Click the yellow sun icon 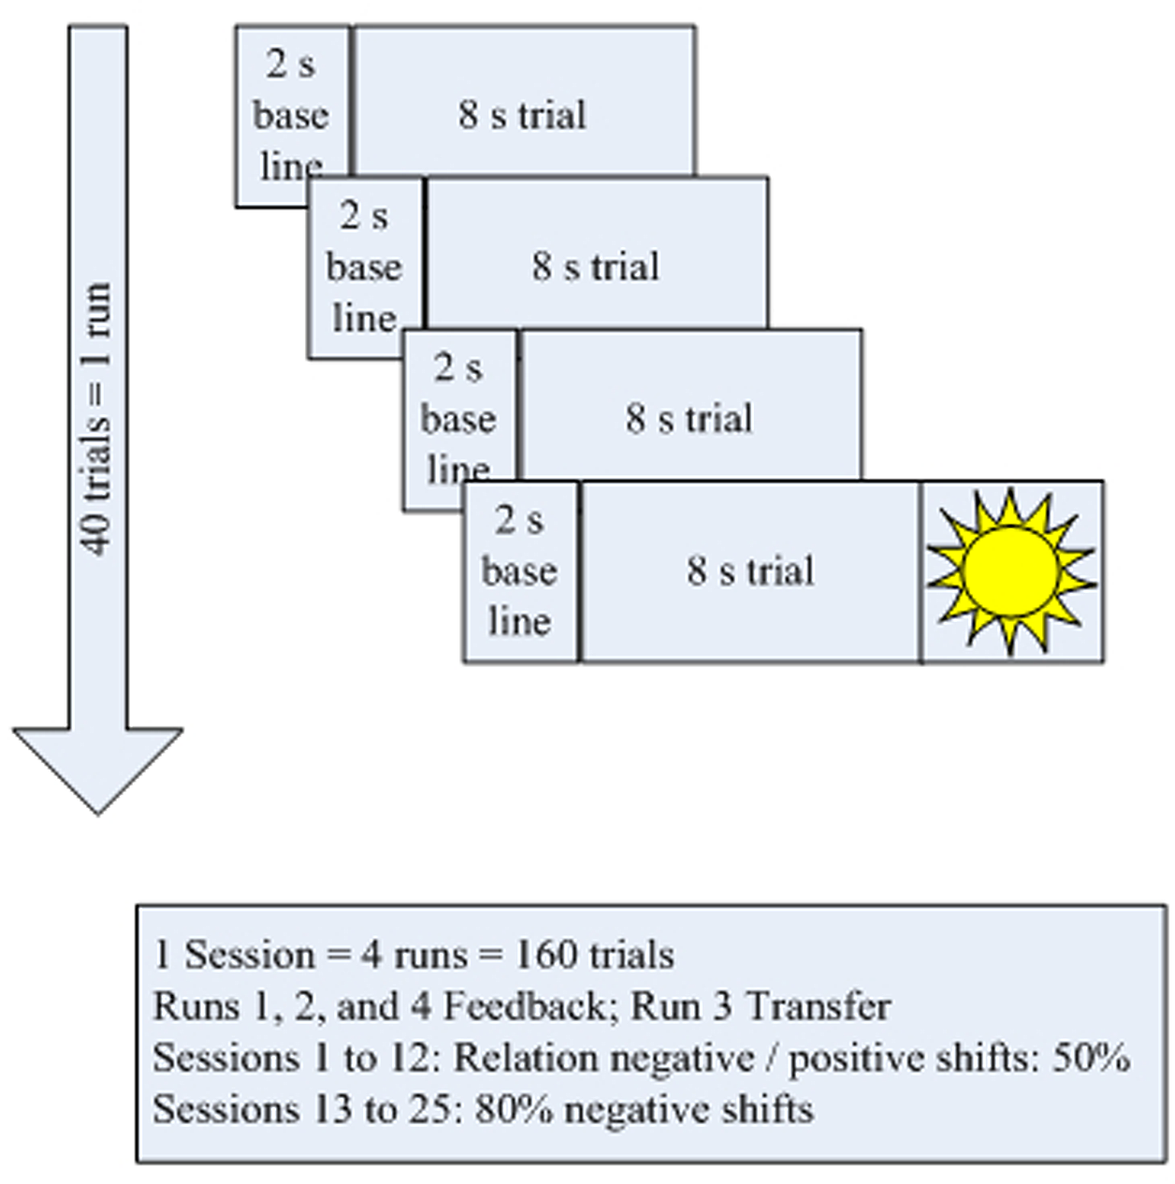point(1010,570)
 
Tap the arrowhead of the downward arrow point(97,767)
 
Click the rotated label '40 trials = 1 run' point(97,418)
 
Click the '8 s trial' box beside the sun point(750,570)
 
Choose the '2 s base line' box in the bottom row point(520,570)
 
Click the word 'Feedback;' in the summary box point(524,1006)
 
